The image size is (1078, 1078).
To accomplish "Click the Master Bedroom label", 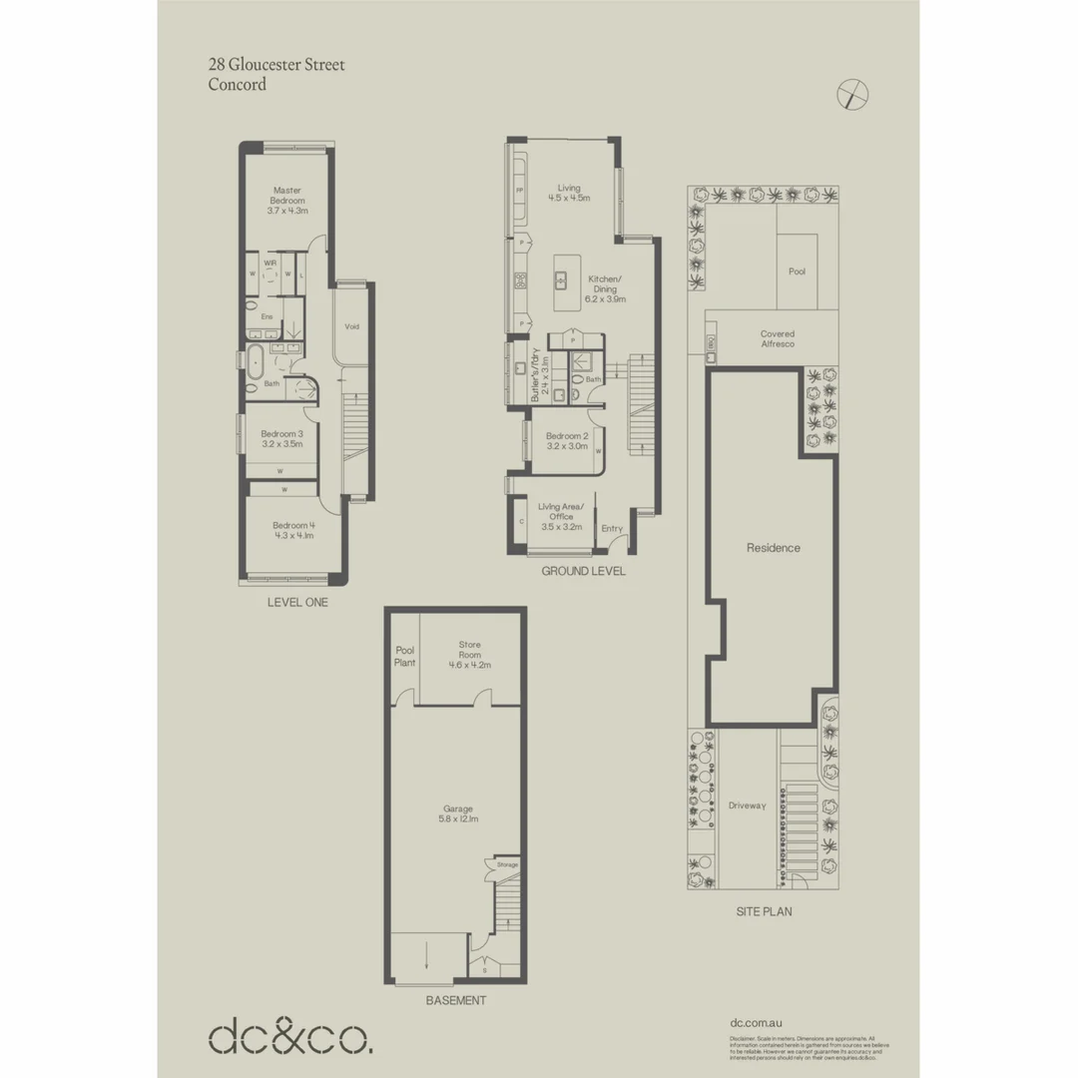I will pos(287,195).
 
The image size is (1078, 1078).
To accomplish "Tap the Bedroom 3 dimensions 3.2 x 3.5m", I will pos(281,444).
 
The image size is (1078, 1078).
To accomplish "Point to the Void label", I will pos(351,326).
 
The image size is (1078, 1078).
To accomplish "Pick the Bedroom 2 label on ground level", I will pos(568,435).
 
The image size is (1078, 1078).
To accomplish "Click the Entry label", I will pos(612,528).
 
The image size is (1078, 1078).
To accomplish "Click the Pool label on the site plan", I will pos(797,270).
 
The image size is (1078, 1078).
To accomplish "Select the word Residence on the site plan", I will pos(774,548).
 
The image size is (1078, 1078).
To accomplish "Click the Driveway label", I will pos(747,806).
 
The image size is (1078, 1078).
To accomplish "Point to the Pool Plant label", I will pos(404,655).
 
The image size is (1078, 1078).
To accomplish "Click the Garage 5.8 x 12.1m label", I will pos(459,813).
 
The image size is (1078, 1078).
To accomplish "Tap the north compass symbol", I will pos(852,94).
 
